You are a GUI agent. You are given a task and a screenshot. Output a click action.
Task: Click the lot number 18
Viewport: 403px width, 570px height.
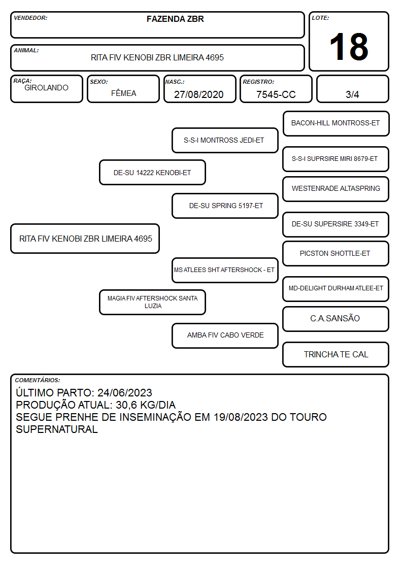tap(349, 47)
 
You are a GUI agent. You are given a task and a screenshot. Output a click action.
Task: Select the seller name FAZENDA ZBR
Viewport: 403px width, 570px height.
tap(175, 19)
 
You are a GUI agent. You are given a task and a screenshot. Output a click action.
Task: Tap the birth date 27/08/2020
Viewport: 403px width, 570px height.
tap(199, 94)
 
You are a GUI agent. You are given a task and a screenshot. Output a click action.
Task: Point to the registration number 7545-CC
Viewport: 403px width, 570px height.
tap(276, 94)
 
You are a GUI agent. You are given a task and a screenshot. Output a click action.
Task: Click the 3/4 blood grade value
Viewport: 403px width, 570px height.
tap(352, 94)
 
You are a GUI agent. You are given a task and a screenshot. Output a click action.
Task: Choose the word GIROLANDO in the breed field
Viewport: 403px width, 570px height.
tap(46, 88)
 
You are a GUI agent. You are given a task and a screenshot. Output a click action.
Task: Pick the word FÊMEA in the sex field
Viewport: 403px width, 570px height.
tap(123, 93)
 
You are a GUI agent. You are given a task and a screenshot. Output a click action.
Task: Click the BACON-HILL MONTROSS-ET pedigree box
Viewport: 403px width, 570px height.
tap(336, 124)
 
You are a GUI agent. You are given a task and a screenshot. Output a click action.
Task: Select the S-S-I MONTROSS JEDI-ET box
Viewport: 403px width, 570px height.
tap(225, 140)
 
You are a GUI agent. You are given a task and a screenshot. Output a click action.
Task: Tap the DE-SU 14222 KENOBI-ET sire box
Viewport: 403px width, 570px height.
tap(152, 172)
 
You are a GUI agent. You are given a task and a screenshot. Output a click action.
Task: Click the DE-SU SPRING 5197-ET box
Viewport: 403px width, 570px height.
tap(225, 206)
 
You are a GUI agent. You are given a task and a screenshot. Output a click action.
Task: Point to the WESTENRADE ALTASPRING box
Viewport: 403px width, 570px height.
tap(336, 189)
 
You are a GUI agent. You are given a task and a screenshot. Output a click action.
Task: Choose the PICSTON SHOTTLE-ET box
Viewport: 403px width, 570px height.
tap(336, 254)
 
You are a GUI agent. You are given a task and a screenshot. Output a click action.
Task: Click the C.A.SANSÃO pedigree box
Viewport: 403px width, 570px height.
tap(336, 319)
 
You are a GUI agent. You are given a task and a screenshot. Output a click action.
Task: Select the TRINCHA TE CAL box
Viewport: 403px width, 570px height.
tap(336, 354)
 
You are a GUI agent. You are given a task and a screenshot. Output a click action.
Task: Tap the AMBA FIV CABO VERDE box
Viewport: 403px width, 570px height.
tap(225, 336)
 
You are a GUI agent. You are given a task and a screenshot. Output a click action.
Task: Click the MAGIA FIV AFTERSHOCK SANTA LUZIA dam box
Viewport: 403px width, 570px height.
tap(152, 302)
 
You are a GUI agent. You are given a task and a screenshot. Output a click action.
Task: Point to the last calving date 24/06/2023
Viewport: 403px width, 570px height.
tap(125, 392)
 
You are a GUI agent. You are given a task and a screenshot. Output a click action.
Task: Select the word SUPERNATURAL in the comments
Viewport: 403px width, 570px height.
tap(57, 429)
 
